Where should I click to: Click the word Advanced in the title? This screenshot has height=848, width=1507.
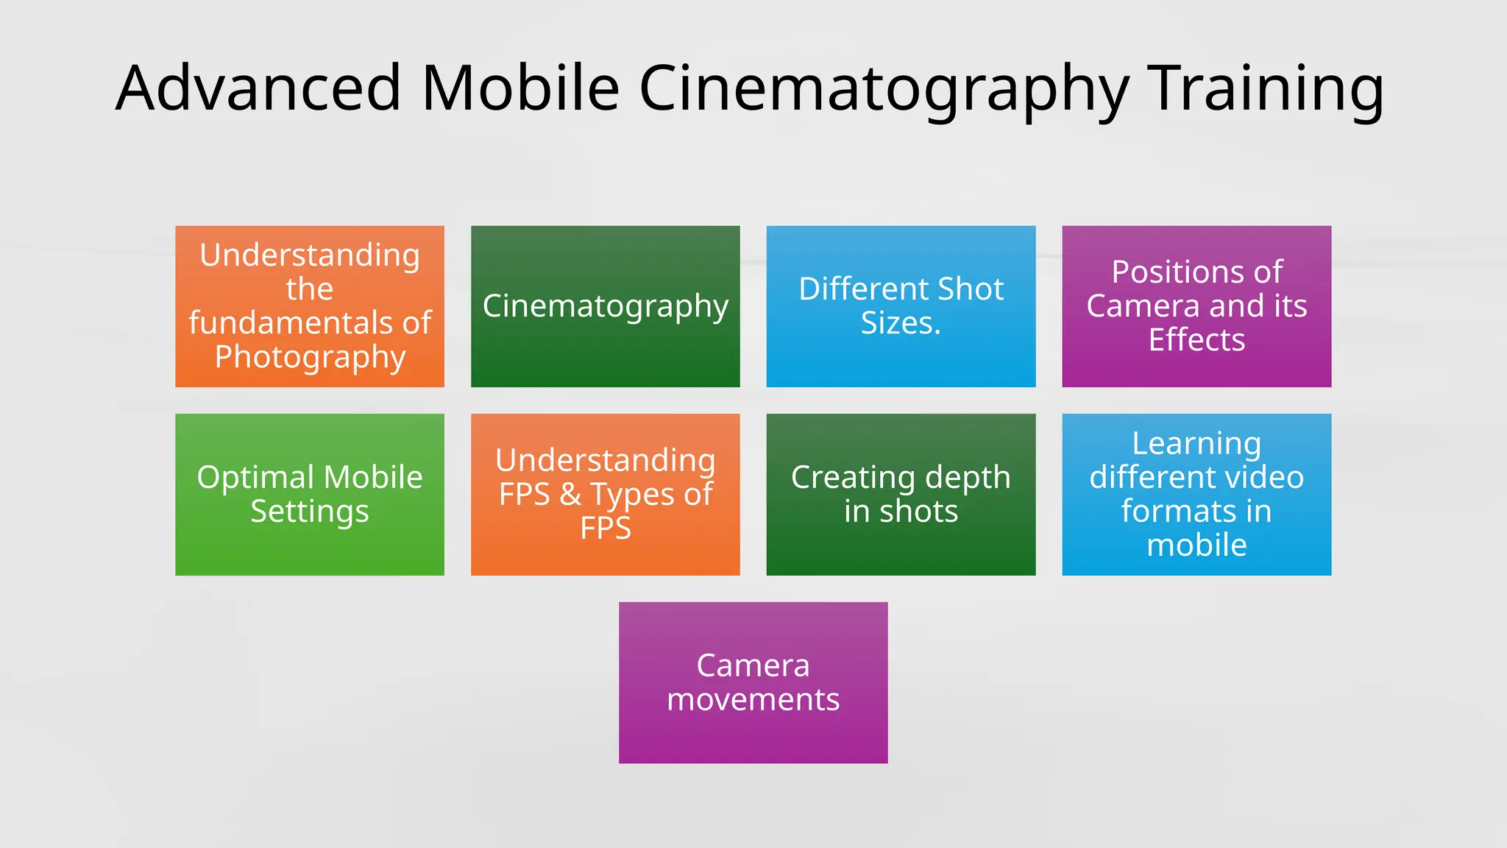pyautogui.click(x=258, y=88)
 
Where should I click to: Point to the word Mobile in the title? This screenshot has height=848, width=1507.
pyautogui.click(x=520, y=88)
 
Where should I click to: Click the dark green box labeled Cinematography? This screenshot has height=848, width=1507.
pyautogui.click(x=605, y=346)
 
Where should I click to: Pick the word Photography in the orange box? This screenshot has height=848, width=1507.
pyautogui.click(x=310, y=358)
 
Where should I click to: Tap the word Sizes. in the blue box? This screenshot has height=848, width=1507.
pyautogui.click(x=901, y=323)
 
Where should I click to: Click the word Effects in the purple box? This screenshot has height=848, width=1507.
pyautogui.click(x=1196, y=340)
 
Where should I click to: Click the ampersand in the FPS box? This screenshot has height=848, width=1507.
pyautogui.click(x=570, y=494)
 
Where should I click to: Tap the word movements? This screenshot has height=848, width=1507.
pyautogui.click(x=753, y=699)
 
